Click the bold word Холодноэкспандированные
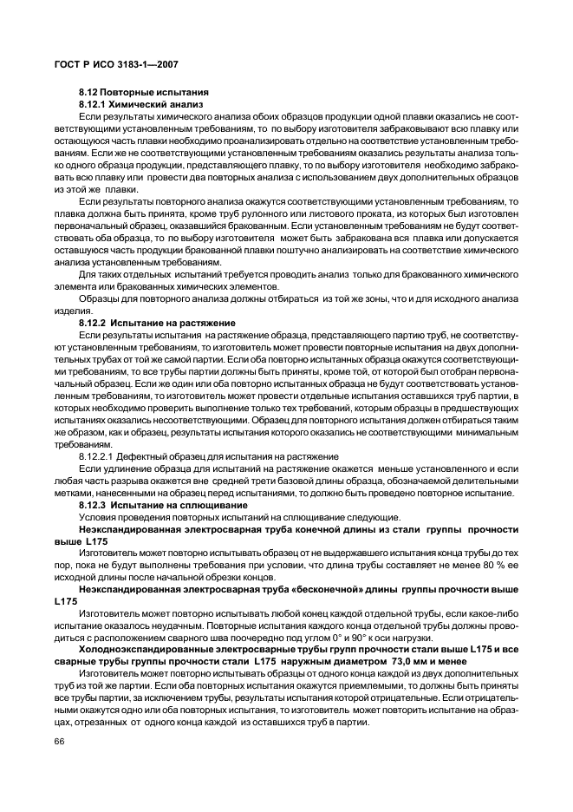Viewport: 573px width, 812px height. pyautogui.click(x=141, y=649)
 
